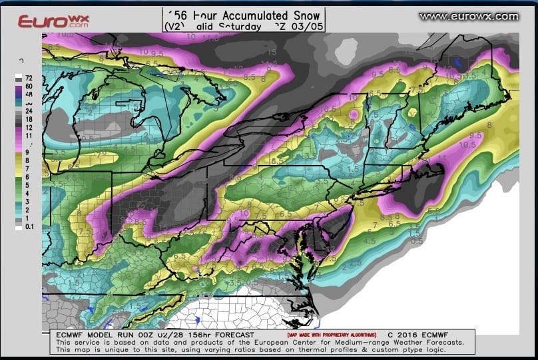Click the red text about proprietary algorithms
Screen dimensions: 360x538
(x=331, y=335)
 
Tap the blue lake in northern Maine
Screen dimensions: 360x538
(x=459, y=63)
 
